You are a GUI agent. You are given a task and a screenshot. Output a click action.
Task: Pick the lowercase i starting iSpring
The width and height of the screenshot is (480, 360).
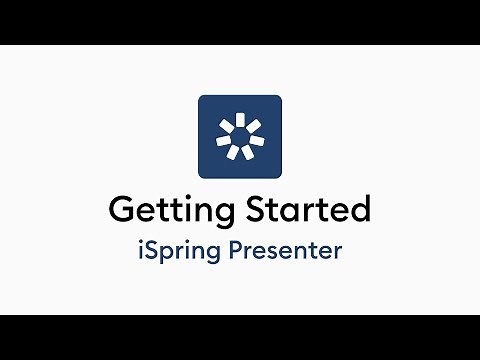140,249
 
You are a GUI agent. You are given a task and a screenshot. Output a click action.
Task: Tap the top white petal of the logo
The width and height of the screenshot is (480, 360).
240,119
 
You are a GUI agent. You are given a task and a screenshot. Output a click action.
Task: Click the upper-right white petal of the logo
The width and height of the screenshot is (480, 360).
252,125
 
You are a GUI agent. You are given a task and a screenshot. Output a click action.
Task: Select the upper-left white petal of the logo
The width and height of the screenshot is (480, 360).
227,125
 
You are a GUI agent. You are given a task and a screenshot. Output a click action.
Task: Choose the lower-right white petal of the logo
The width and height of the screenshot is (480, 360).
246,153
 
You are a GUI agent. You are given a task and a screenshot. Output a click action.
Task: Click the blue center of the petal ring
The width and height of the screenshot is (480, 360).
239,137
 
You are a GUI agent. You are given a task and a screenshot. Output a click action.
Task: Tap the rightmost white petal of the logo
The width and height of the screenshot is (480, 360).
256,139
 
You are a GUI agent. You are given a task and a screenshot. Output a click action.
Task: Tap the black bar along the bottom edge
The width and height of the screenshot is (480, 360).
240,337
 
